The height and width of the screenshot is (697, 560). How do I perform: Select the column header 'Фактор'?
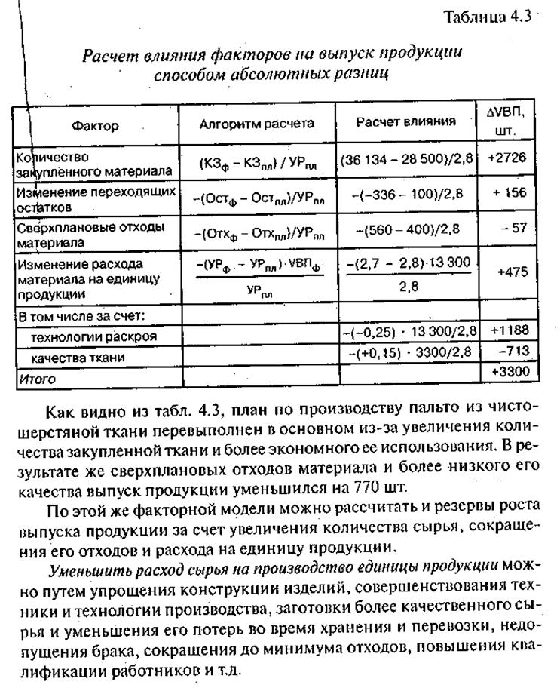click(95, 126)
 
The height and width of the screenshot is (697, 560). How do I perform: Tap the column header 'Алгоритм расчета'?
click(256, 124)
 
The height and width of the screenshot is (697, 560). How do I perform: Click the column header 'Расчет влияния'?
click(405, 121)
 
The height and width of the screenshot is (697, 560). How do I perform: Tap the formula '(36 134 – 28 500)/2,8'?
click(405, 160)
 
